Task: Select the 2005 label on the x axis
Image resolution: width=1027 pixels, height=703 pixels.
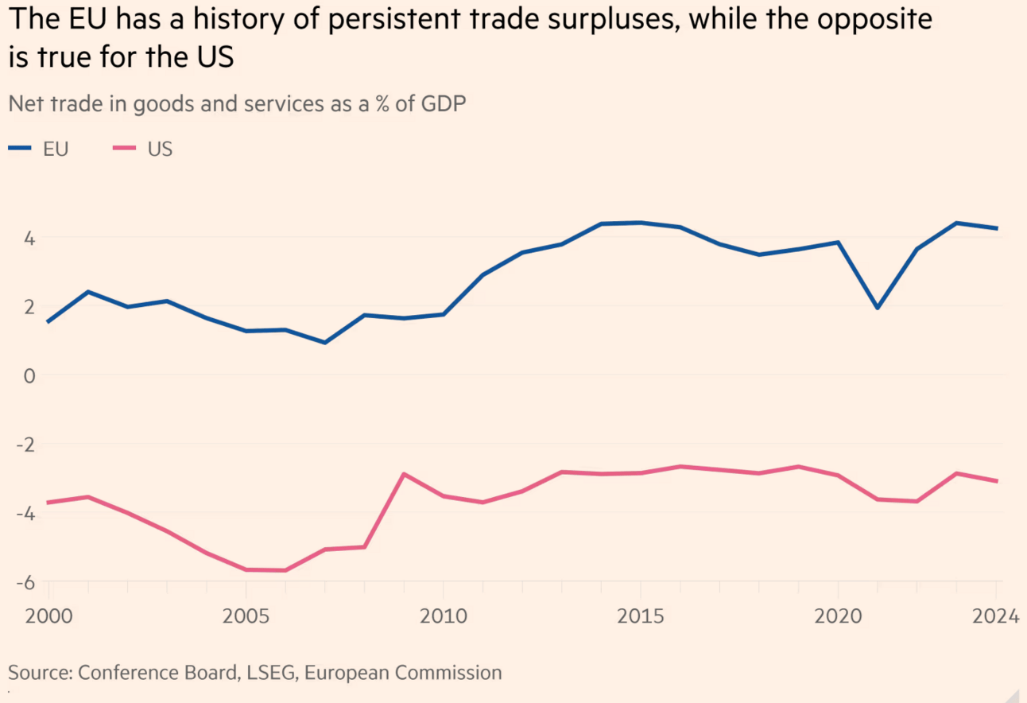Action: (x=246, y=617)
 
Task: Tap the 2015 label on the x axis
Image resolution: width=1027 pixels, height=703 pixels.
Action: (x=640, y=617)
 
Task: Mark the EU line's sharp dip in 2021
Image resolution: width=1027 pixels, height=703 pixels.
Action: (x=877, y=308)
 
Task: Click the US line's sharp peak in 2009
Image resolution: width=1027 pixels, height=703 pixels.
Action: (x=404, y=474)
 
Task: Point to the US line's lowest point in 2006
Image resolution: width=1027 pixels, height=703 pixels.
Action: (x=285, y=570)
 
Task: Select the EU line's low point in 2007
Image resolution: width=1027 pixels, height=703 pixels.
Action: (x=325, y=343)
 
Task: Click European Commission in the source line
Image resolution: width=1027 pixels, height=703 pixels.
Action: (x=403, y=673)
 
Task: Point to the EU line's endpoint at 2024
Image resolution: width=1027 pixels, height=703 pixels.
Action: (x=997, y=228)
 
